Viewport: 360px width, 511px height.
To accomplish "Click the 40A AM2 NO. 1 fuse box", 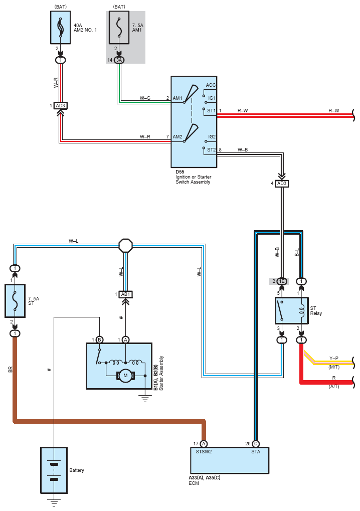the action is (60, 28).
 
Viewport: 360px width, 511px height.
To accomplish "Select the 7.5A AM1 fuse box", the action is (119, 28).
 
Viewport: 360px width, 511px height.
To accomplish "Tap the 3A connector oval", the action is (119, 60).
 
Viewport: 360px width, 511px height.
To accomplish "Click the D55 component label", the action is (180, 172).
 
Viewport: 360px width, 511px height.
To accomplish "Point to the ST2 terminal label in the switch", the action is (212, 150).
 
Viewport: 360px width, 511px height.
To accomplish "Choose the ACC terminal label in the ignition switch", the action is (211, 85).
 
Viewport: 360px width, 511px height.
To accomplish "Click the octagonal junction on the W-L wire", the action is (125, 245).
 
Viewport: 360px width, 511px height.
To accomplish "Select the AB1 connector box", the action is (125, 294).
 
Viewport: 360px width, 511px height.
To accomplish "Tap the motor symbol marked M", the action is (125, 376).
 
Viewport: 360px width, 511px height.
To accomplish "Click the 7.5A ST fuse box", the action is (15, 301).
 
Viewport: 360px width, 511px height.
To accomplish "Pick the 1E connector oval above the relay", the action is (282, 281).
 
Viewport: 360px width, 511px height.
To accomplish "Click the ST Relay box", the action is (292, 310).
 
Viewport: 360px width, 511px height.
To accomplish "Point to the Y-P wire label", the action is (334, 358).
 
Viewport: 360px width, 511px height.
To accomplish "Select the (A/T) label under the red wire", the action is (334, 387).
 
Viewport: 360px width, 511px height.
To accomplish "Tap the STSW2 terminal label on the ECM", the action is (204, 452).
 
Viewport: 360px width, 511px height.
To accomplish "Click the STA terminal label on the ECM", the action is (256, 452).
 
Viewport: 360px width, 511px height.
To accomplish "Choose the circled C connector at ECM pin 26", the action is (256, 444).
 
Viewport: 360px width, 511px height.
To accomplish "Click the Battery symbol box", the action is (54, 470).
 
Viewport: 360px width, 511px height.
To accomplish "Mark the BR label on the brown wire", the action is (10, 369).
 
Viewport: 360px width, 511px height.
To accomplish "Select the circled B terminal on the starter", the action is (100, 340).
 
